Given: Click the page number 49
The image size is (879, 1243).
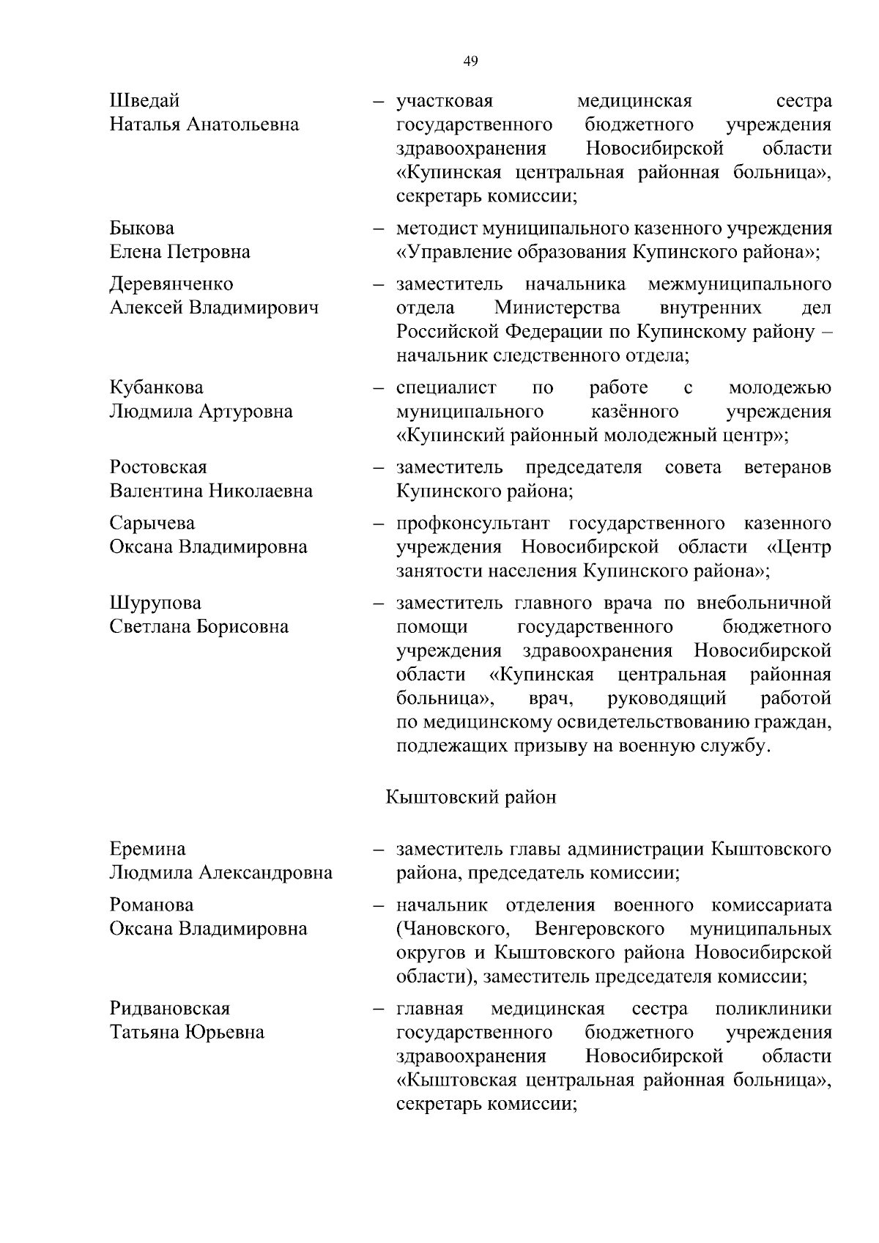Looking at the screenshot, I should coord(471,62).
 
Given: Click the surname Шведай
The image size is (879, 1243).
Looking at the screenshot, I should coord(144,100).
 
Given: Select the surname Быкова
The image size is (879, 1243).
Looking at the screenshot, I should coord(142,228).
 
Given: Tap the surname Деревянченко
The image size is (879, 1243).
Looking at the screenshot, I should coord(171,283).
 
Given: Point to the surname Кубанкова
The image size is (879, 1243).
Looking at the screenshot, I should coord(157,387).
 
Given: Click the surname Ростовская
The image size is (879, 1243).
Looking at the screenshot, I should coord(158,467).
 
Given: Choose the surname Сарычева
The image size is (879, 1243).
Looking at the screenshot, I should coord(152,523).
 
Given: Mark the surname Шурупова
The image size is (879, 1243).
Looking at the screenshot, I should coord(155,603).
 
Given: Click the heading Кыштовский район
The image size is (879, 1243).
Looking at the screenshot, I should coord(470,797).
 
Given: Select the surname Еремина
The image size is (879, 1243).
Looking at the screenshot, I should coord(148,849).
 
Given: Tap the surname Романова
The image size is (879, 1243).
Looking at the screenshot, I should coord(152,905).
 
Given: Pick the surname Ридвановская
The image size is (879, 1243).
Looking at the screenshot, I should coord(170,1009).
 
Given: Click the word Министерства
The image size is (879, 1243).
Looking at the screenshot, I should coord(557,307).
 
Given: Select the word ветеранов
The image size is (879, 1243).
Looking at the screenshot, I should coord(787,467).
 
